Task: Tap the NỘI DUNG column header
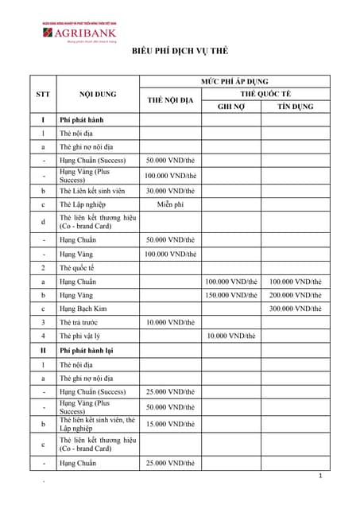coord(99,94)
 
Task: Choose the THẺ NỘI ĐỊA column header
coord(170,100)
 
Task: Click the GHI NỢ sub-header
coord(231,107)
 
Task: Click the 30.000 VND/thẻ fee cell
coord(170,191)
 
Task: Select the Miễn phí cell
coord(170,204)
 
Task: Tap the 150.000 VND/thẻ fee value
coord(231,295)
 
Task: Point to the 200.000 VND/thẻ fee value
coord(296,295)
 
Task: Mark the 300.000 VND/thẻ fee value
coord(296,309)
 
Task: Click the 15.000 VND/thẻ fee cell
coord(170,424)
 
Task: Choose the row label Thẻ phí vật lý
coord(80,336)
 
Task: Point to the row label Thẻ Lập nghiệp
coord(83,204)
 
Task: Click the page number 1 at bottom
coord(319,476)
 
